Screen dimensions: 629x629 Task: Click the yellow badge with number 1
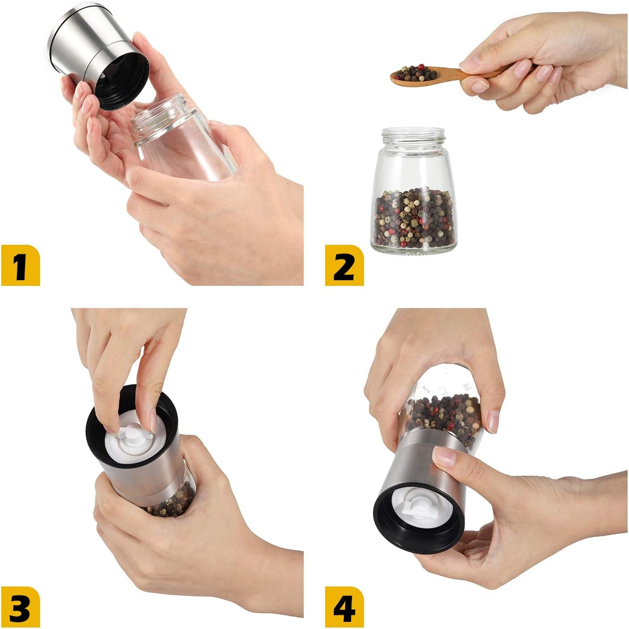click(x=20, y=265)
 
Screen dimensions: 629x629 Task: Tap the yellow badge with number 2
click(x=344, y=265)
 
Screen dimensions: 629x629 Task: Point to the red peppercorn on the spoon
click(x=421, y=67)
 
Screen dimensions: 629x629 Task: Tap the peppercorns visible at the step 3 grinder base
click(x=171, y=503)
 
